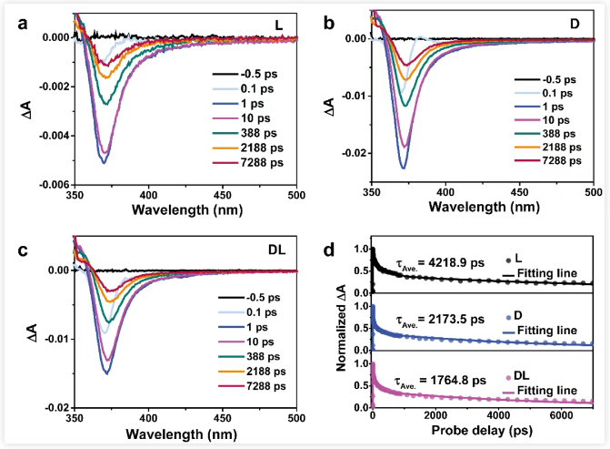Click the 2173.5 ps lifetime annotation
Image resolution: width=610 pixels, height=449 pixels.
444,321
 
